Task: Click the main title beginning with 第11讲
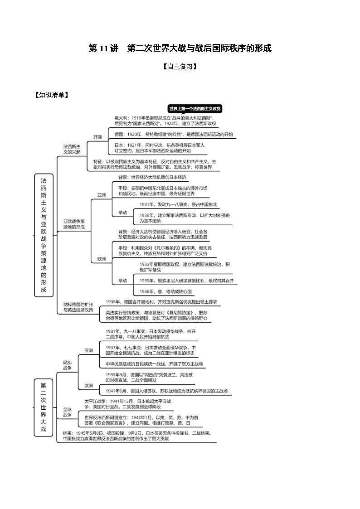click(x=180, y=48)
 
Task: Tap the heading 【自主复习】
click(x=180, y=66)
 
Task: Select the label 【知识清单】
click(x=51, y=95)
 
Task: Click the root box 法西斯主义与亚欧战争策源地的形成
click(x=44, y=235)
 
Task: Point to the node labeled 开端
click(x=97, y=136)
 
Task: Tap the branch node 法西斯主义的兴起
click(x=72, y=149)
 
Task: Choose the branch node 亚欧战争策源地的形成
click(x=74, y=224)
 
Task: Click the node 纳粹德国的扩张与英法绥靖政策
click(x=78, y=307)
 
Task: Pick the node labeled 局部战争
click(x=67, y=365)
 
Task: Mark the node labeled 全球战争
click(x=67, y=412)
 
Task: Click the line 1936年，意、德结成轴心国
click(x=165, y=291)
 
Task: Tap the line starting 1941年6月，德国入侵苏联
click(x=166, y=391)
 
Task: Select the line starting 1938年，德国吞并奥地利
click(x=161, y=302)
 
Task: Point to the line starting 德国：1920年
click(x=173, y=135)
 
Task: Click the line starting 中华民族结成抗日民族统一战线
click(x=154, y=364)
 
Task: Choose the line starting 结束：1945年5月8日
click(x=137, y=433)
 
